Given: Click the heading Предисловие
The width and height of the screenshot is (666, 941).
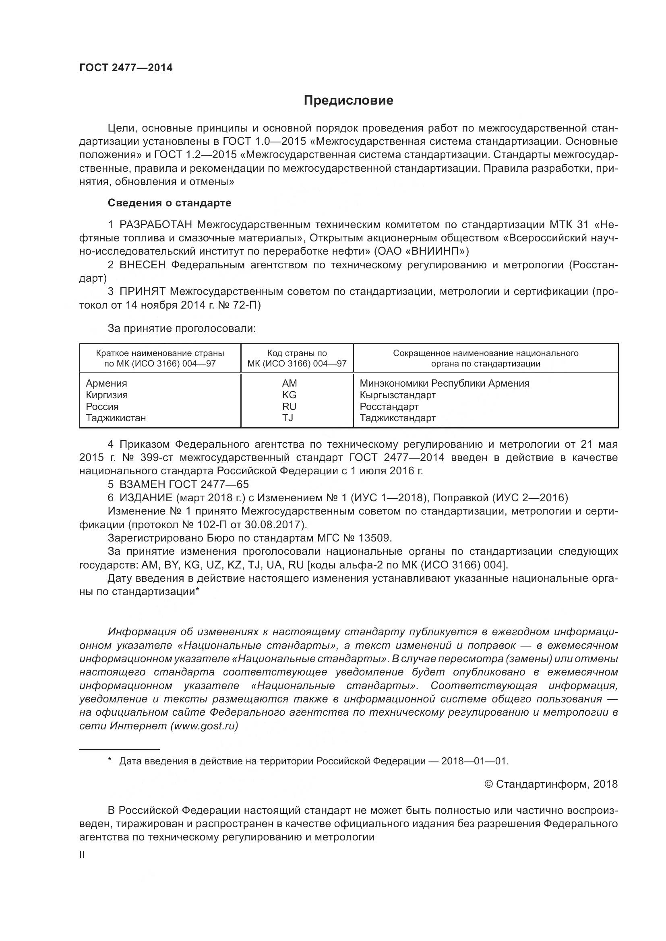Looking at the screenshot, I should click(x=348, y=101).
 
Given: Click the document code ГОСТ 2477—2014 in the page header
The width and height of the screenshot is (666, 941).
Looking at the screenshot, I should click(x=126, y=68).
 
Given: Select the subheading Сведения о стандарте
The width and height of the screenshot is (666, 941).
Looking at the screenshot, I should click(x=170, y=203).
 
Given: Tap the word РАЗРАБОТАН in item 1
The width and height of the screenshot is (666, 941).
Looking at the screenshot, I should click(x=156, y=224).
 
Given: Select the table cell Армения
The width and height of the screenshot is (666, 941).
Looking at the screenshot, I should click(x=106, y=383).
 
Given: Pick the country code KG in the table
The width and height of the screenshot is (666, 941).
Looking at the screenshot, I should click(x=289, y=395).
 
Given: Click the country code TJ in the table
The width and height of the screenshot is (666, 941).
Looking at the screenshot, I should click(x=287, y=418).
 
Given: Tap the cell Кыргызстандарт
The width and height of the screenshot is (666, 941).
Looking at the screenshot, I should click(x=397, y=395).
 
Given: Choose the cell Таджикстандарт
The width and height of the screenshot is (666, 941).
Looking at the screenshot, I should click(x=397, y=418).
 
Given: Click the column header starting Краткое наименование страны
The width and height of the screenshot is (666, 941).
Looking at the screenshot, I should click(x=160, y=358).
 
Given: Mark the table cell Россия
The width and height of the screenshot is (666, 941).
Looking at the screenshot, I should click(x=102, y=406).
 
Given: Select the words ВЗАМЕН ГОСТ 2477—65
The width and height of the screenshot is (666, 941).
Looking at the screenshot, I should click(x=184, y=484).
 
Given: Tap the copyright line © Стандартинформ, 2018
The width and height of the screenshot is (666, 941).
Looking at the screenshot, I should click(x=551, y=784).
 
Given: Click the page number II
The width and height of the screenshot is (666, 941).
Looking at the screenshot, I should click(x=82, y=855).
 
